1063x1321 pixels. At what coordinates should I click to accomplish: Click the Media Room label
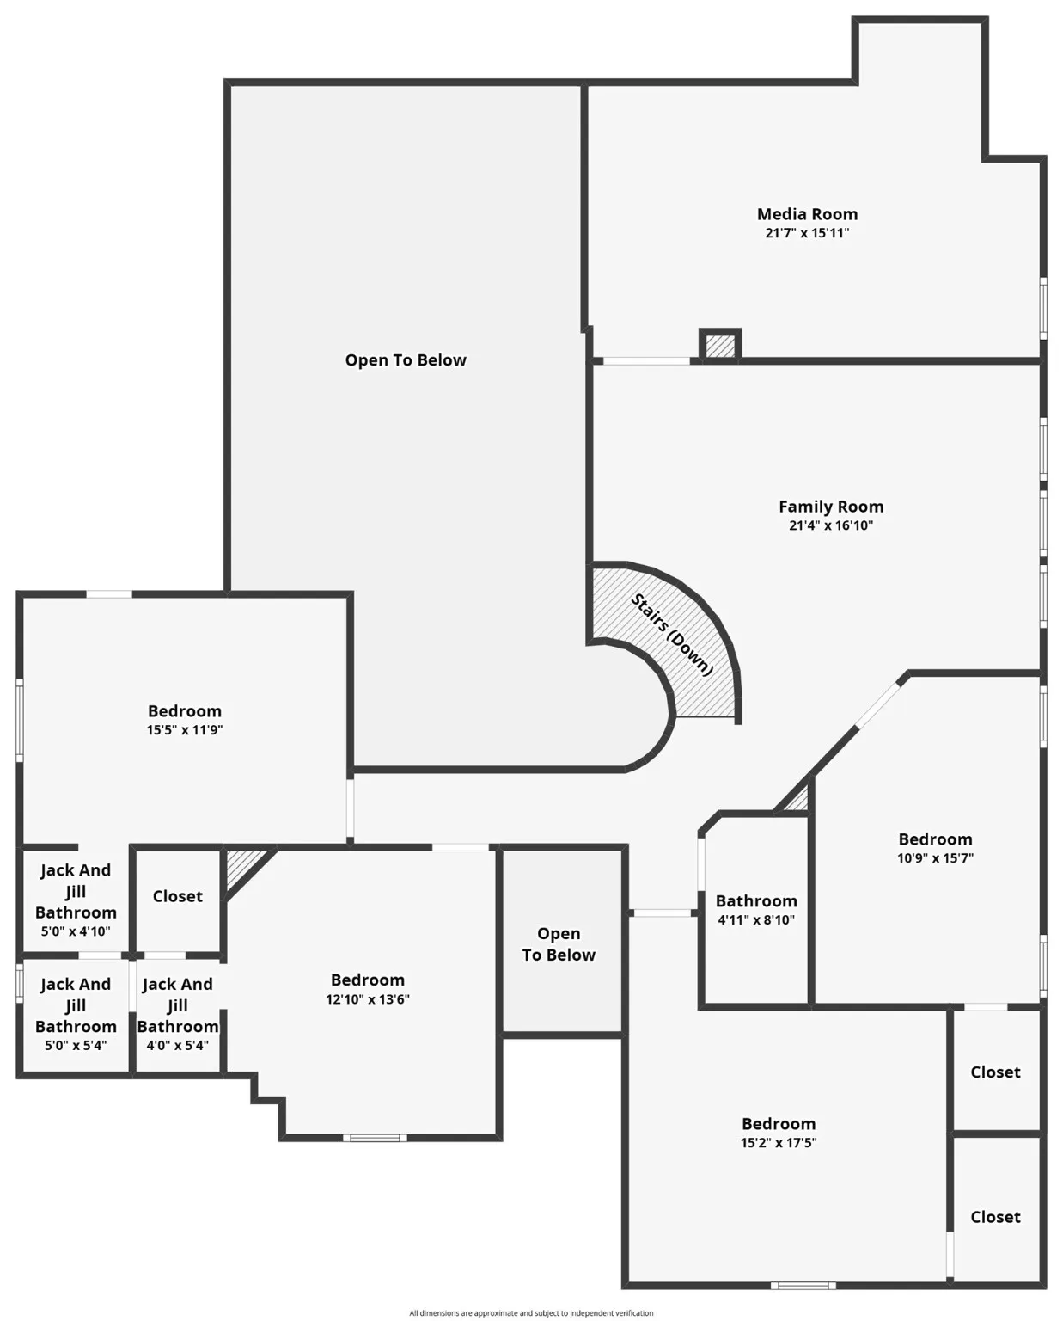(x=807, y=214)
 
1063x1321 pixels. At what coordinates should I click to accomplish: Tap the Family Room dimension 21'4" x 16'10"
(x=830, y=525)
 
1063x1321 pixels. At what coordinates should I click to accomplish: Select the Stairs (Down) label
(x=672, y=635)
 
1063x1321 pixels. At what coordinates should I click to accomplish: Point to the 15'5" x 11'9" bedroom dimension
(x=185, y=730)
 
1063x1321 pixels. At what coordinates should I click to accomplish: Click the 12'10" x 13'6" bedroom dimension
(x=368, y=999)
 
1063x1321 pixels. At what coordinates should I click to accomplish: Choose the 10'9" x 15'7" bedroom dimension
(x=935, y=858)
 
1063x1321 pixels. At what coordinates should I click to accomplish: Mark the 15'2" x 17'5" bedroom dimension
(x=779, y=1143)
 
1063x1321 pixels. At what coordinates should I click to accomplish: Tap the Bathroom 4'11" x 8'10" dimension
(x=756, y=920)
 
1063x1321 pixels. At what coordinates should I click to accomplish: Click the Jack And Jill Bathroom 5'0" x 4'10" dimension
(x=76, y=931)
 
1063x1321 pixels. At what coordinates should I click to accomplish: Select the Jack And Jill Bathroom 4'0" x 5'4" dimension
(x=178, y=1046)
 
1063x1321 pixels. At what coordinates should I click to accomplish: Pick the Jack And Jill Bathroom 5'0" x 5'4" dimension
(x=76, y=1046)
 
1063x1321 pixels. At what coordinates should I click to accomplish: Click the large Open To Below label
(x=406, y=360)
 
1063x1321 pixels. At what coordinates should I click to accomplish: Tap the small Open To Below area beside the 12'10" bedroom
(x=559, y=944)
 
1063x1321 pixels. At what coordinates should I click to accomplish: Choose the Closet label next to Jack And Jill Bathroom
(x=178, y=896)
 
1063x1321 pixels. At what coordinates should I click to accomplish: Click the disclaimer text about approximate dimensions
(x=531, y=1313)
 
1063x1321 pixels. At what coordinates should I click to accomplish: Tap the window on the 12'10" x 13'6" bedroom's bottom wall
(x=375, y=1138)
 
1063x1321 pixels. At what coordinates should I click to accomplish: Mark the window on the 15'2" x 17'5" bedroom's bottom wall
(x=803, y=1286)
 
